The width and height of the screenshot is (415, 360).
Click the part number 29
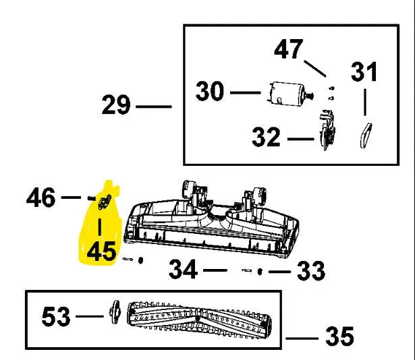coord(117,106)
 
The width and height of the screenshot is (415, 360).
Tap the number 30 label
coord(210,90)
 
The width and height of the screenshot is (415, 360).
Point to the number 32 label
coord(266,138)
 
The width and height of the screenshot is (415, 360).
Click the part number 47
coord(288,49)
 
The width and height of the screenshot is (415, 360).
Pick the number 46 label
coord(41,198)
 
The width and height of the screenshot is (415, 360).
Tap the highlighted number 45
coord(101,251)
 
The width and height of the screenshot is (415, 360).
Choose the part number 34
coord(183,270)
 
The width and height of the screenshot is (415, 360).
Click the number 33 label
coord(311,272)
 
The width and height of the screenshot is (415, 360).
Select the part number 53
coord(57,316)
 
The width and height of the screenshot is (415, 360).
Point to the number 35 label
coord(339,334)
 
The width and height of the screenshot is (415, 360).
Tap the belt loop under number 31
coord(365,133)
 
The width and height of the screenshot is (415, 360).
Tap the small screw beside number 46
coord(90,197)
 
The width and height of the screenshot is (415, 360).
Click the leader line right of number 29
coord(154,107)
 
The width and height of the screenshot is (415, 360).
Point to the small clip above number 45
coord(104,201)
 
